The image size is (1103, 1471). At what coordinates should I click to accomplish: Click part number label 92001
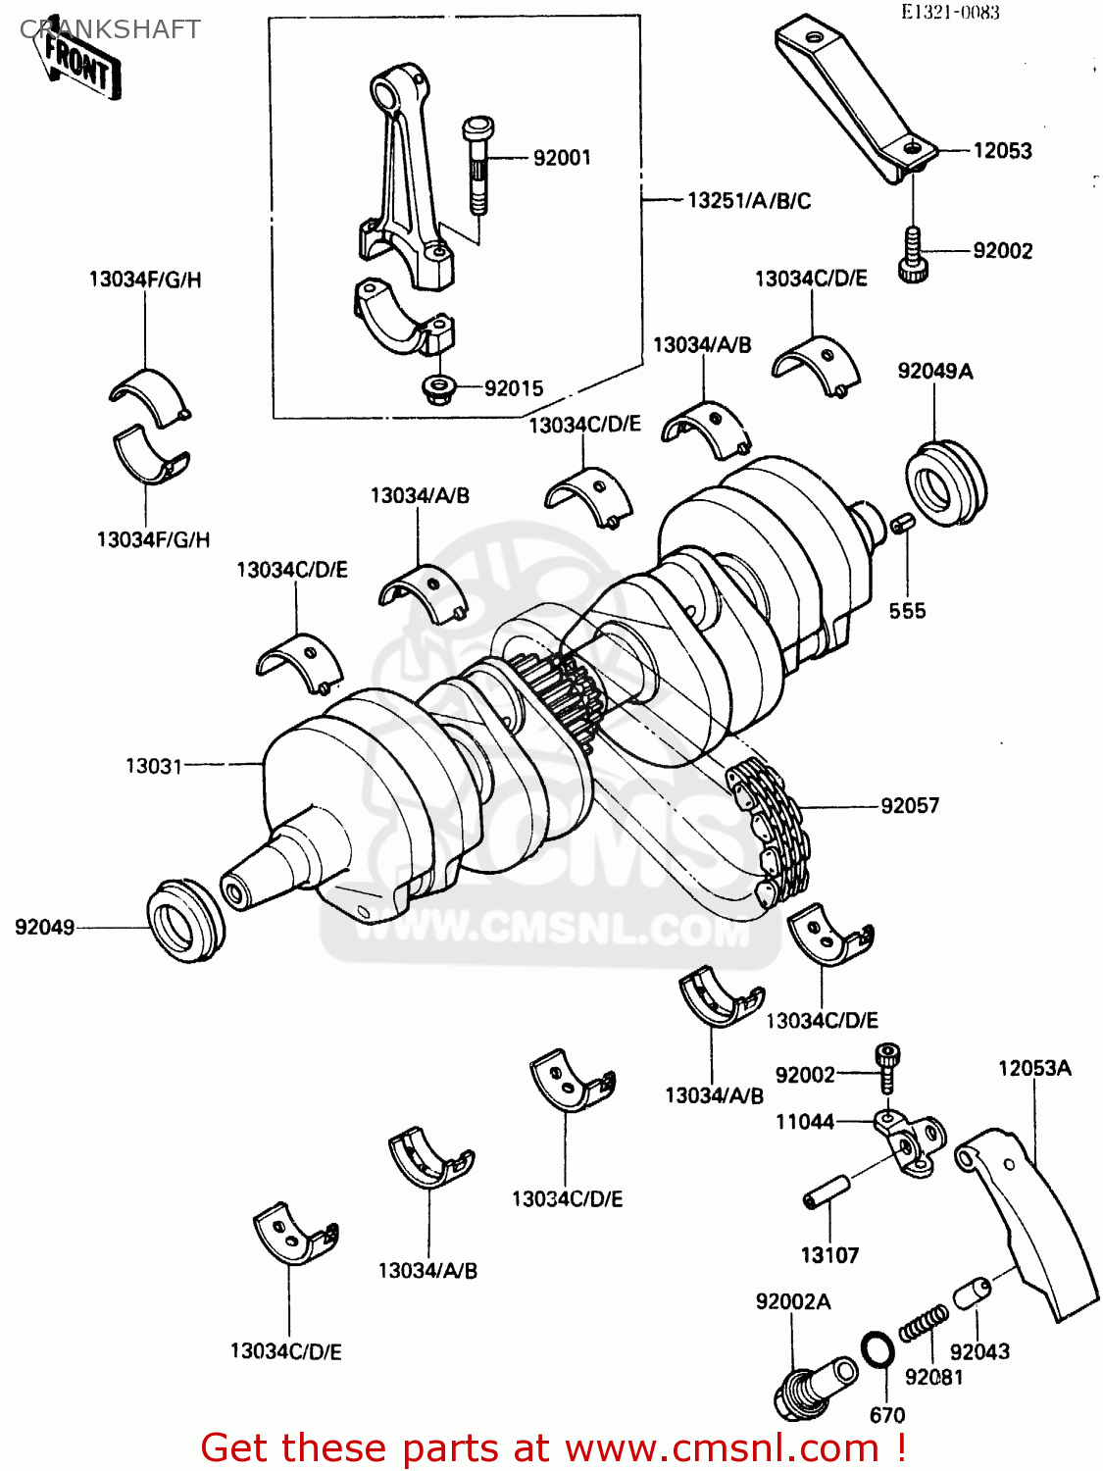(x=561, y=158)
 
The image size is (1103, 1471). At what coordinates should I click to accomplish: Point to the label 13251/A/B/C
(x=748, y=201)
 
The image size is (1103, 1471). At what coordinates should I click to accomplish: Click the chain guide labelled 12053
(x=853, y=98)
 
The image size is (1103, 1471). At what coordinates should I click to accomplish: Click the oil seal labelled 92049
(x=185, y=920)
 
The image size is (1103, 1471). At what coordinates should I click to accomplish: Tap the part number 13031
(x=153, y=765)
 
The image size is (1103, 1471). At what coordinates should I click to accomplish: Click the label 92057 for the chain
(x=909, y=806)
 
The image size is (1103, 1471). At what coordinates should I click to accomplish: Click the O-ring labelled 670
(x=877, y=1350)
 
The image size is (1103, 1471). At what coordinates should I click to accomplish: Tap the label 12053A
(x=1034, y=1068)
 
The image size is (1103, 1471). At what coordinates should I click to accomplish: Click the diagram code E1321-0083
(x=951, y=13)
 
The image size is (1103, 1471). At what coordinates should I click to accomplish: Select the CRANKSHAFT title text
(x=110, y=29)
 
